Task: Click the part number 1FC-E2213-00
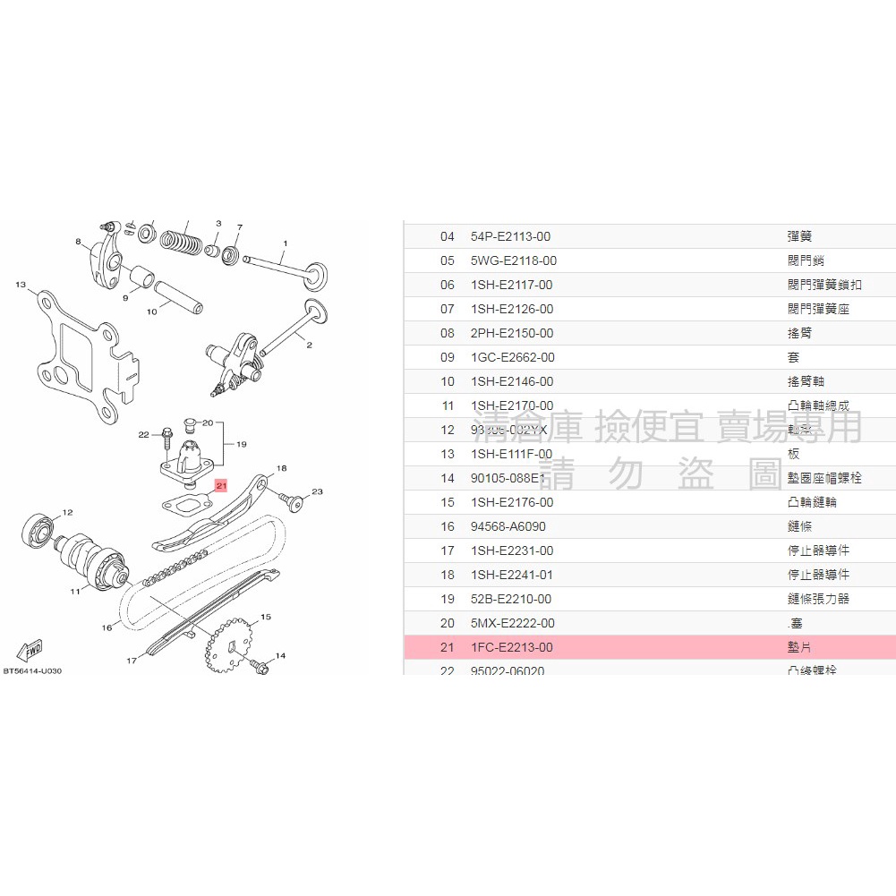coord(511,647)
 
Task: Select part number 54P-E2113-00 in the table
coord(510,236)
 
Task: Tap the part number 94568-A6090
coord(508,526)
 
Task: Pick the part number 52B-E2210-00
coord(510,599)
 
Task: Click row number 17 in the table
coord(448,550)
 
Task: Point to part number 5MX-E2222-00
coord(512,623)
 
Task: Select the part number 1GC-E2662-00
coord(512,357)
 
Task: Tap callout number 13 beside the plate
coord(20,285)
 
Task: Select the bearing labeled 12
coord(37,532)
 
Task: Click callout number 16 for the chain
coord(107,627)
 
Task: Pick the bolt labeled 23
coord(292,501)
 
